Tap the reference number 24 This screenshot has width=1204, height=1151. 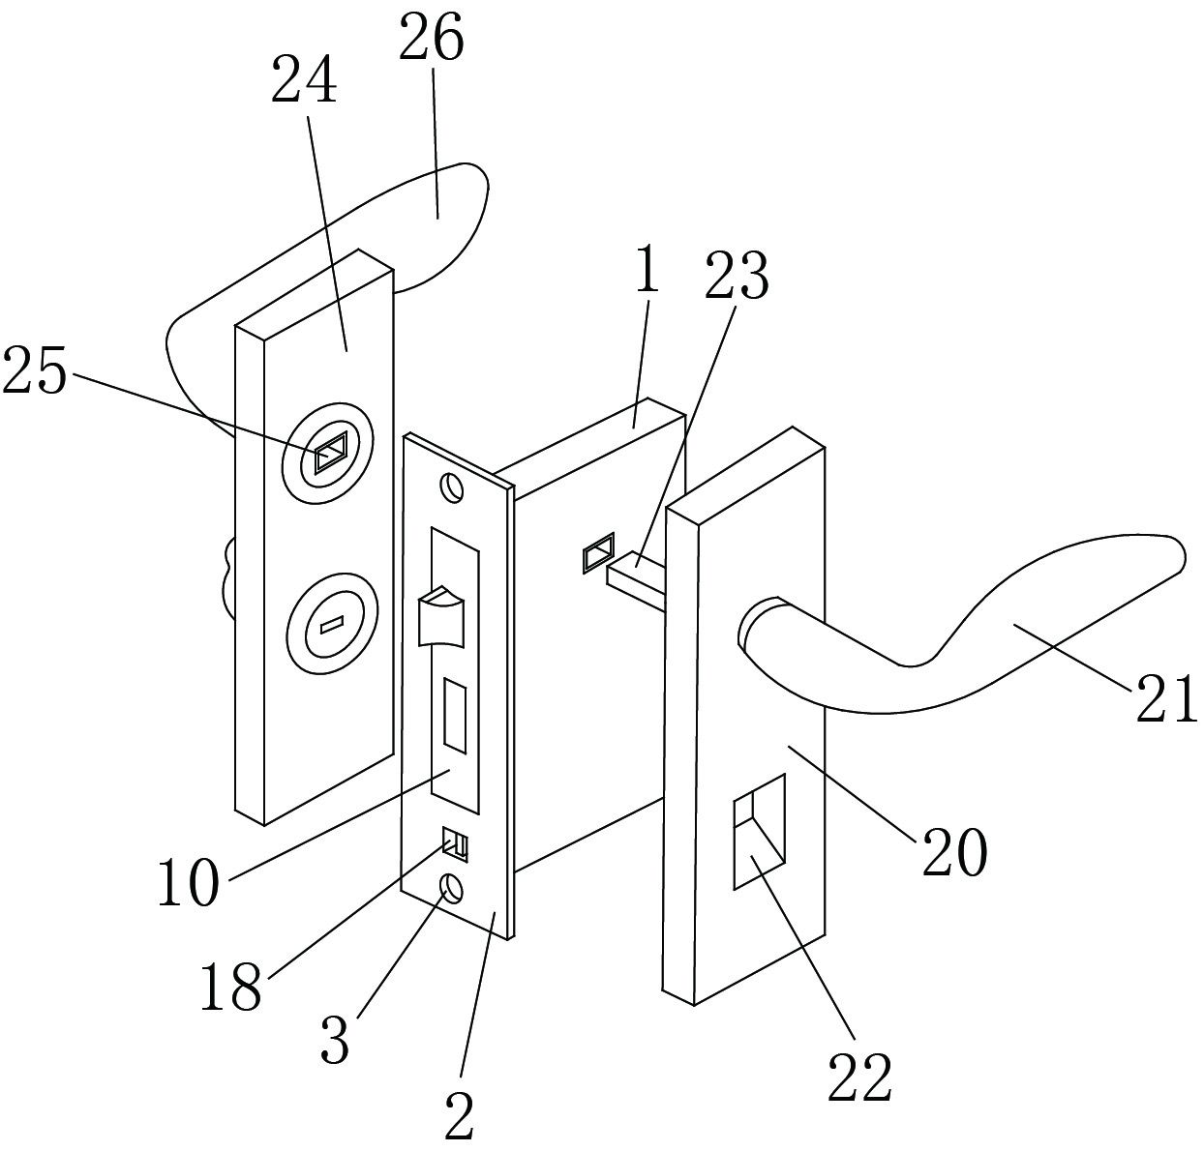pos(304,79)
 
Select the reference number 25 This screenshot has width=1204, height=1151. pos(35,370)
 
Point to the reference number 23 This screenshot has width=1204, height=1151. pos(737,276)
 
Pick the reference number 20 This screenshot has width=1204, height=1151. pos(954,852)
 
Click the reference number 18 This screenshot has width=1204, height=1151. pos(230,986)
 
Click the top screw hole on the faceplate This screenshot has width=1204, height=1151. pos(452,487)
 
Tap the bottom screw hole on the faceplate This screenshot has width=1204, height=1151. pos(452,888)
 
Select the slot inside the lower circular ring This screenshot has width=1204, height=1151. pos(332,625)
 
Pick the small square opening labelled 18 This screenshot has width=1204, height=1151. pos(455,843)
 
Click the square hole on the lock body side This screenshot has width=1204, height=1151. pos(598,552)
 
